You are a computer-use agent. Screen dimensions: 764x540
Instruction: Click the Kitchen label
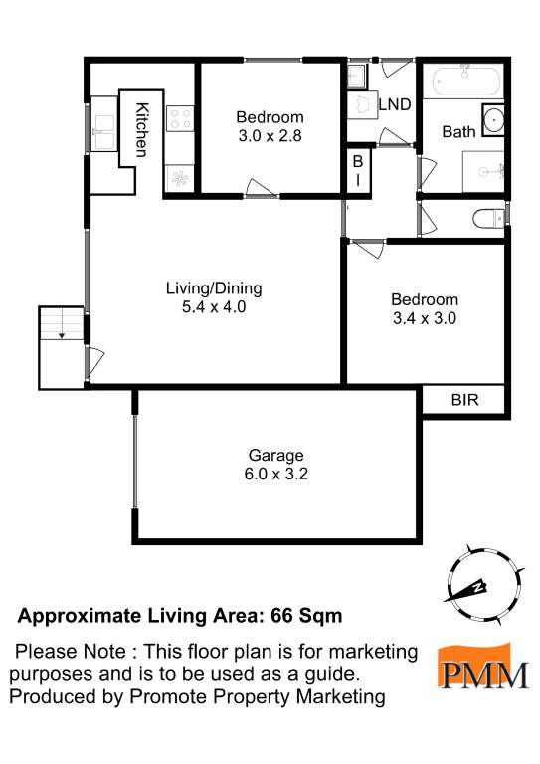(142, 129)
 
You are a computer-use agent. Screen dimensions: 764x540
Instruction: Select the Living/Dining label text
(213, 289)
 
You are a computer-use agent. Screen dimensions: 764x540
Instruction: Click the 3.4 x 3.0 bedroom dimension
(425, 319)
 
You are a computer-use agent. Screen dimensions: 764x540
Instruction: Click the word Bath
(458, 131)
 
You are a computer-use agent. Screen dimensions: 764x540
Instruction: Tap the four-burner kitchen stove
(180, 118)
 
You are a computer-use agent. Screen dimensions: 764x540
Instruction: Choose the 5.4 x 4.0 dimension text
(213, 308)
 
